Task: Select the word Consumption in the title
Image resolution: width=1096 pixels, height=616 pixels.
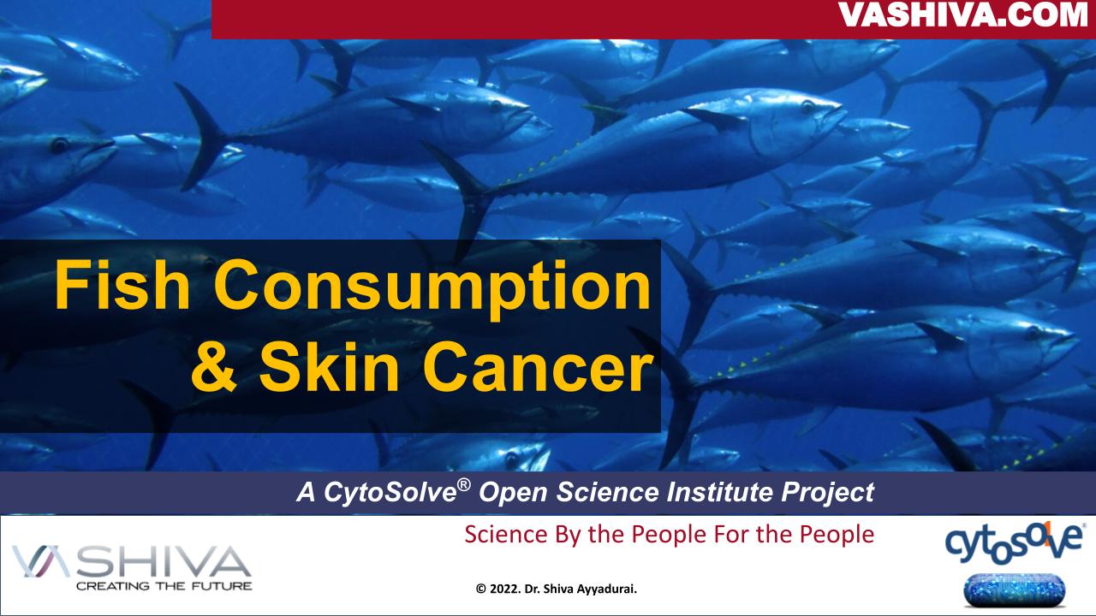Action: click(x=438, y=287)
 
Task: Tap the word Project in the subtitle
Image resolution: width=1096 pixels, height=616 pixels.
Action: click(x=836, y=493)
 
